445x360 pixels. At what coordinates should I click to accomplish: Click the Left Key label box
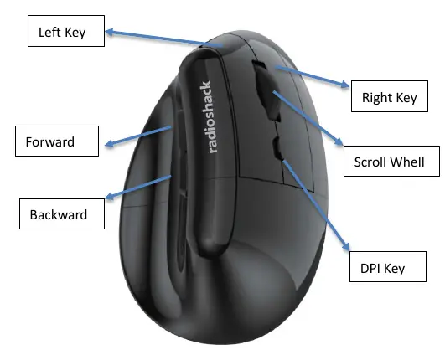pyautogui.click(x=66, y=31)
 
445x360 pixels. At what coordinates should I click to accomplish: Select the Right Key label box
pyautogui.click(x=390, y=96)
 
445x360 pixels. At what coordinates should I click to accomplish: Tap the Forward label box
pyautogui.click(x=57, y=141)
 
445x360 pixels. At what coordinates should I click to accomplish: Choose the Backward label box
pyautogui.click(x=62, y=213)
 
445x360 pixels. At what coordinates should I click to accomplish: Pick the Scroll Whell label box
pyautogui.click(x=391, y=161)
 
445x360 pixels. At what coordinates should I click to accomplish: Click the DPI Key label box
pyautogui.click(x=388, y=266)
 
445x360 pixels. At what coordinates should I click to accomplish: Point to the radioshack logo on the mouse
pyautogui.click(x=210, y=117)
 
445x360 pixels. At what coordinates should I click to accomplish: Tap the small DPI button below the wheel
pyautogui.click(x=277, y=147)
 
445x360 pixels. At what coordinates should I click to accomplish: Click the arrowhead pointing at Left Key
pyautogui.click(x=109, y=32)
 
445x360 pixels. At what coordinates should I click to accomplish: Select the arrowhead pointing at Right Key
pyautogui.click(x=345, y=85)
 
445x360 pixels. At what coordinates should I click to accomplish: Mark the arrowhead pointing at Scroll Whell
pyautogui.click(x=339, y=141)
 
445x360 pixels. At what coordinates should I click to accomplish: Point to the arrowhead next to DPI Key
pyautogui.click(x=346, y=246)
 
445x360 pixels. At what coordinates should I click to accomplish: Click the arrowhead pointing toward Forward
pyautogui.click(x=109, y=143)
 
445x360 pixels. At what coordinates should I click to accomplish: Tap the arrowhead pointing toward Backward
pyautogui.click(x=109, y=195)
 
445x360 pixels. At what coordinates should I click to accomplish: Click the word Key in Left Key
pyautogui.click(x=75, y=33)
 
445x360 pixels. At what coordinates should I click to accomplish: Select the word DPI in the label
pyautogui.click(x=370, y=268)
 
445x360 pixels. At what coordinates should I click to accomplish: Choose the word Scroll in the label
pyautogui.click(x=370, y=162)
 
